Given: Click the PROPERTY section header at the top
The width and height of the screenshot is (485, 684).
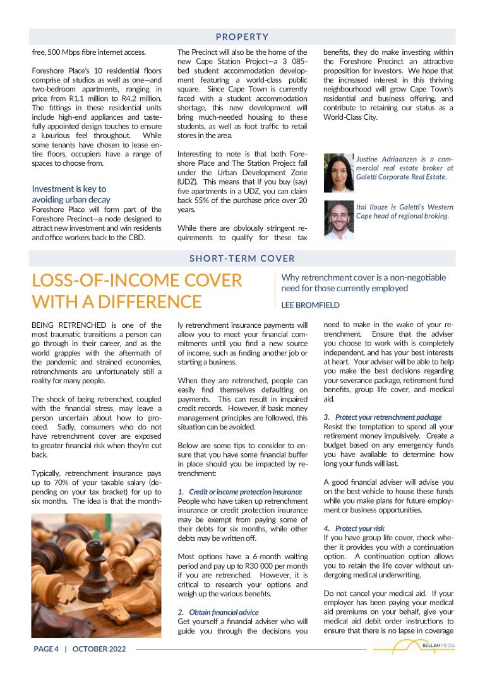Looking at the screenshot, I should [x=242, y=37].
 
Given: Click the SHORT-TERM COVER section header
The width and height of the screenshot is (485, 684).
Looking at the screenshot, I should [x=242, y=258].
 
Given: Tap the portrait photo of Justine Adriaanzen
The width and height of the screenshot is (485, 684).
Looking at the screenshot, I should [x=338, y=172].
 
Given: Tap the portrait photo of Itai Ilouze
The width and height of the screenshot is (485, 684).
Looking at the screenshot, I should [x=338, y=219].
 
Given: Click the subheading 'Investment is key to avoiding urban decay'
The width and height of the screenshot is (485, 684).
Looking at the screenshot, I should [x=71, y=194].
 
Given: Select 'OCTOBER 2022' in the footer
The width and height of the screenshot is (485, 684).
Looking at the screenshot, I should [x=99, y=649].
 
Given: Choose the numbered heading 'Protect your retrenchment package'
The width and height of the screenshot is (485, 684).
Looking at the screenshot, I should [x=388, y=417].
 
